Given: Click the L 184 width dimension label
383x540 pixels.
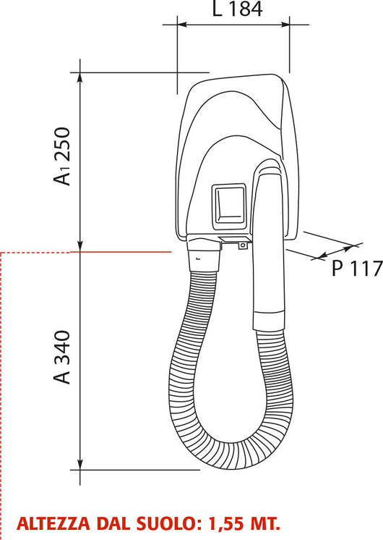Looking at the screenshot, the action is point(237,9).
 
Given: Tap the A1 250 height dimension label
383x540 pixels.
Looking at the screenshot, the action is point(62,156).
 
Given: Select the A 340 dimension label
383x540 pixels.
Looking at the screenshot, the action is point(62,357).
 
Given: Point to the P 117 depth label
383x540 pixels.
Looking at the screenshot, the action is point(357,269).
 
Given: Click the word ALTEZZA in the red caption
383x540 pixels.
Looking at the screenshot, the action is point(53,524).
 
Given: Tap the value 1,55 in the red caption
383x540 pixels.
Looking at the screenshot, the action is point(225,524).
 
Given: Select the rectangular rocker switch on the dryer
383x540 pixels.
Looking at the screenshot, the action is point(229,207).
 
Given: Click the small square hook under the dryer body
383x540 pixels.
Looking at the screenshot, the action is point(243,246).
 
